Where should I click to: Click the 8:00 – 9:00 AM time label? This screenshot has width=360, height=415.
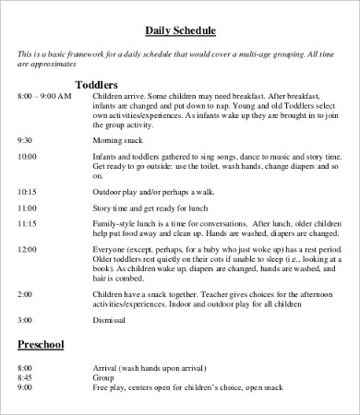(44, 96)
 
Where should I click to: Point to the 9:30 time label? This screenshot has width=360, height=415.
(26, 139)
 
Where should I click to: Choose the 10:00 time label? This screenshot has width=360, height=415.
(28, 157)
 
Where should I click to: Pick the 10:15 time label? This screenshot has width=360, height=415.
(28, 190)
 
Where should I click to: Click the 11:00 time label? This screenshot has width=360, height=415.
(28, 207)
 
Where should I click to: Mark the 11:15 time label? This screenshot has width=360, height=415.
(28, 224)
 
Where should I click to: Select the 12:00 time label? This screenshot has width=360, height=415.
(28, 249)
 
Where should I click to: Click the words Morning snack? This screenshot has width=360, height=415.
(115, 139)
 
